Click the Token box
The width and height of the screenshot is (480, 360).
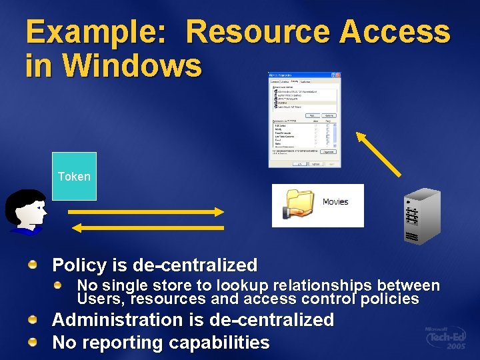(x=74, y=176)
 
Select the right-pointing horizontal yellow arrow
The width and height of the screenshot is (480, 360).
(x=146, y=212)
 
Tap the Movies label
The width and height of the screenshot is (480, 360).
(x=335, y=202)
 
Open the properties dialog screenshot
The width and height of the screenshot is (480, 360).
(x=304, y=119)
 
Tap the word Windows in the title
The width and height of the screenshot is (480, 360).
(x=133, y=65)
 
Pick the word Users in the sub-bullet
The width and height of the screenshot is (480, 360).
(x=97, y=299)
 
